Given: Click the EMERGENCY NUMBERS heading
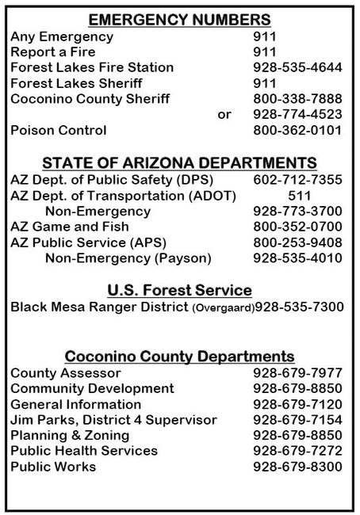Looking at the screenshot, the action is tap(179, 20).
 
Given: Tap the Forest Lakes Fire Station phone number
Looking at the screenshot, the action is tap(297, 67).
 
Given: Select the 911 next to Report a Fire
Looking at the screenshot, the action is tap(263, 52).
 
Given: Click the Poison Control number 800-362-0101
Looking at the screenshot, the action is tap(297, 129).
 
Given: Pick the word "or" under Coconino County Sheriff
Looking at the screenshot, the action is tap(224, 114).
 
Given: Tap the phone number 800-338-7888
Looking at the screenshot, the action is tap(297, 98).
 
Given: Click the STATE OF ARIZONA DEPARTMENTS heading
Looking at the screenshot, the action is tap(179, 163).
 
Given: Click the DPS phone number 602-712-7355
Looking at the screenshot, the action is tap(297, 181).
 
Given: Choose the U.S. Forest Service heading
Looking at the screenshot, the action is tap(179, 289).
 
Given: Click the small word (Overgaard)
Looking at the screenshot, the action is tap(221, 307).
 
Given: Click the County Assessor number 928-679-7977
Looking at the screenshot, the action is tap(297, 372).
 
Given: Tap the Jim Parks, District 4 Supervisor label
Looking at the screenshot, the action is tap(113, 419).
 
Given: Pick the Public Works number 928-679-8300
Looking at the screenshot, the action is tap(297, 467).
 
